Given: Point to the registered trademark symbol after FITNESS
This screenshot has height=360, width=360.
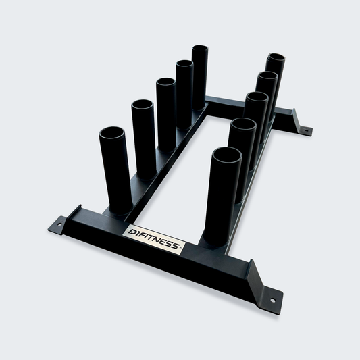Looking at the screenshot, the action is click(181, 248).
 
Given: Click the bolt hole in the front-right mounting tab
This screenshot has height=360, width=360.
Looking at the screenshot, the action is click(272, 300).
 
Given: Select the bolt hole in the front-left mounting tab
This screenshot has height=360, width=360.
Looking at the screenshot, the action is click(59, 224).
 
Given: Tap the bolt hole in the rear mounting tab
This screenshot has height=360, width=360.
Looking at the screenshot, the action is click(306, 131).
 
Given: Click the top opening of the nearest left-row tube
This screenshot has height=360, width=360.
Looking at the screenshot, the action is click(112, 133).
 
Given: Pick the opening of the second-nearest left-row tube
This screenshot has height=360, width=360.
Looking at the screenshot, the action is click(143, 105).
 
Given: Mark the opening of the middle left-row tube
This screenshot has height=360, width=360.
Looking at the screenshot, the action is click(166, 82).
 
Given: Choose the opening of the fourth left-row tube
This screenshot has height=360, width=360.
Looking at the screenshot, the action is click(184, 63).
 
